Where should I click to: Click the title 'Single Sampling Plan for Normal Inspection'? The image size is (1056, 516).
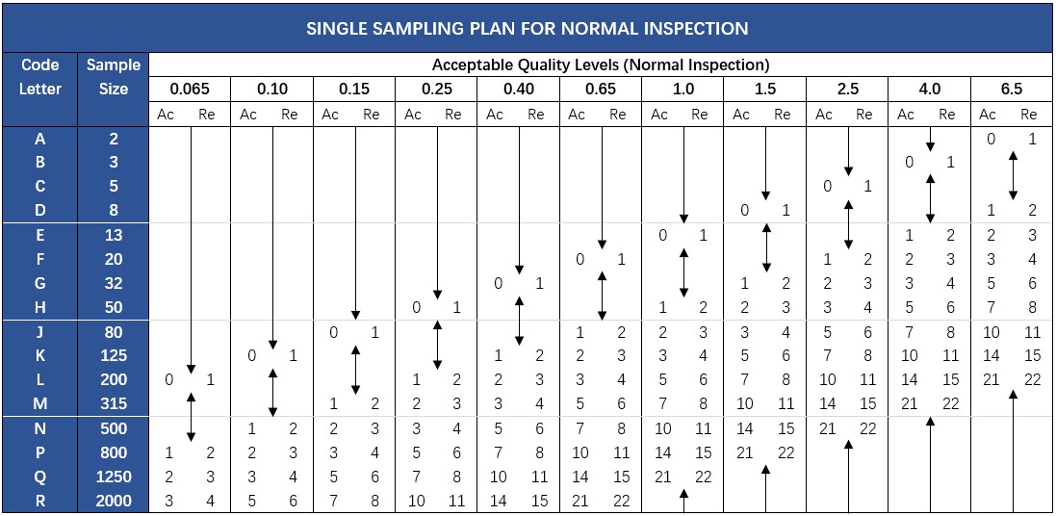click(528, 28)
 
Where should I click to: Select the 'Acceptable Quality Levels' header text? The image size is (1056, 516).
click(600, 65)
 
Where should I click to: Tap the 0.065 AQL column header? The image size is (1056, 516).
click(190, 89)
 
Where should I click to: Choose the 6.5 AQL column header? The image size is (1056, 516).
click(1011, 89)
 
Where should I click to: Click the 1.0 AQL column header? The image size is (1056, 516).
click(683, 89)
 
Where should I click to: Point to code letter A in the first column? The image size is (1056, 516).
click(39, 139)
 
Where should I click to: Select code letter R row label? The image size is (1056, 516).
click(39, 501)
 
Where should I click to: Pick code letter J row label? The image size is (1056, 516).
click(39, 332)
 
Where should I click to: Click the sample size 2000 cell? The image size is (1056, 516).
click(114, 501)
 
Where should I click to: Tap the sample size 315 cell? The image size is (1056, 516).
click(114, 403)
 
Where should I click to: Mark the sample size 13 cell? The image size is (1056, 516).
click(114, 235)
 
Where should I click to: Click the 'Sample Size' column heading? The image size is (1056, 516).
click(114, 77)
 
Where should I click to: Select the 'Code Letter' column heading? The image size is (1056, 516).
click(39, 77)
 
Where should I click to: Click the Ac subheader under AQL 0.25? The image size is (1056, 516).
click(413, 115)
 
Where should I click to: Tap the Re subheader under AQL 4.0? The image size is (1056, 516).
click(947, 115)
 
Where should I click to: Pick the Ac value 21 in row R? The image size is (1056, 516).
click(580, 501)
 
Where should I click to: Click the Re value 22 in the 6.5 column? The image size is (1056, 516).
click(1033, 379)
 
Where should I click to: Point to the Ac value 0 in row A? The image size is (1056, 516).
click(991, 139)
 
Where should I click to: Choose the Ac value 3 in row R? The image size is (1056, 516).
click(169, 501)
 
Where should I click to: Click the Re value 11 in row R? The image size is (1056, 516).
click(457, 501)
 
